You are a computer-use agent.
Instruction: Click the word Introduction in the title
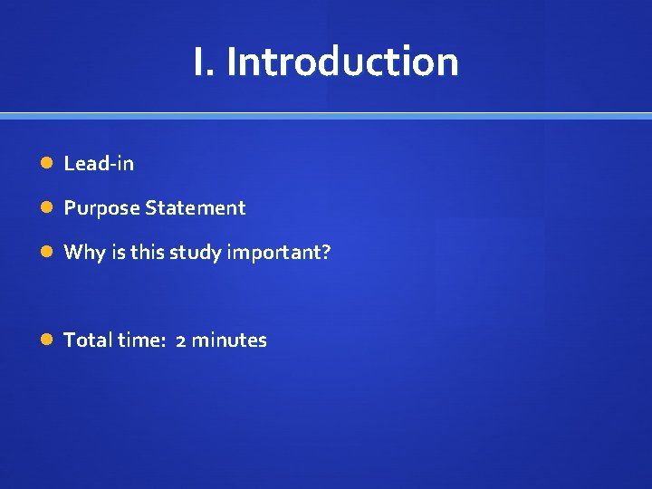(342, 62)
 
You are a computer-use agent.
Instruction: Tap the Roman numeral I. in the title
(203, 62)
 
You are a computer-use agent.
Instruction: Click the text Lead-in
(99, 164)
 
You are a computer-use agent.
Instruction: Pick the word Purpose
(101, 208)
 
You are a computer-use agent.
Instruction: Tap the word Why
(84, 253)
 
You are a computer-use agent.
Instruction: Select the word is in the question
(118, 253)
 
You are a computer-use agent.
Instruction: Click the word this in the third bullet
(146, 253)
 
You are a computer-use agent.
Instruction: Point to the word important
(273, 253)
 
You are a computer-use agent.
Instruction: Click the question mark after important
(326, 253)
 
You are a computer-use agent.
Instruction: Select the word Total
(88, 340)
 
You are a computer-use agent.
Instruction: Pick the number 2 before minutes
(181, 340)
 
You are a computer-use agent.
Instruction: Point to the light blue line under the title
(326, 116)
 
